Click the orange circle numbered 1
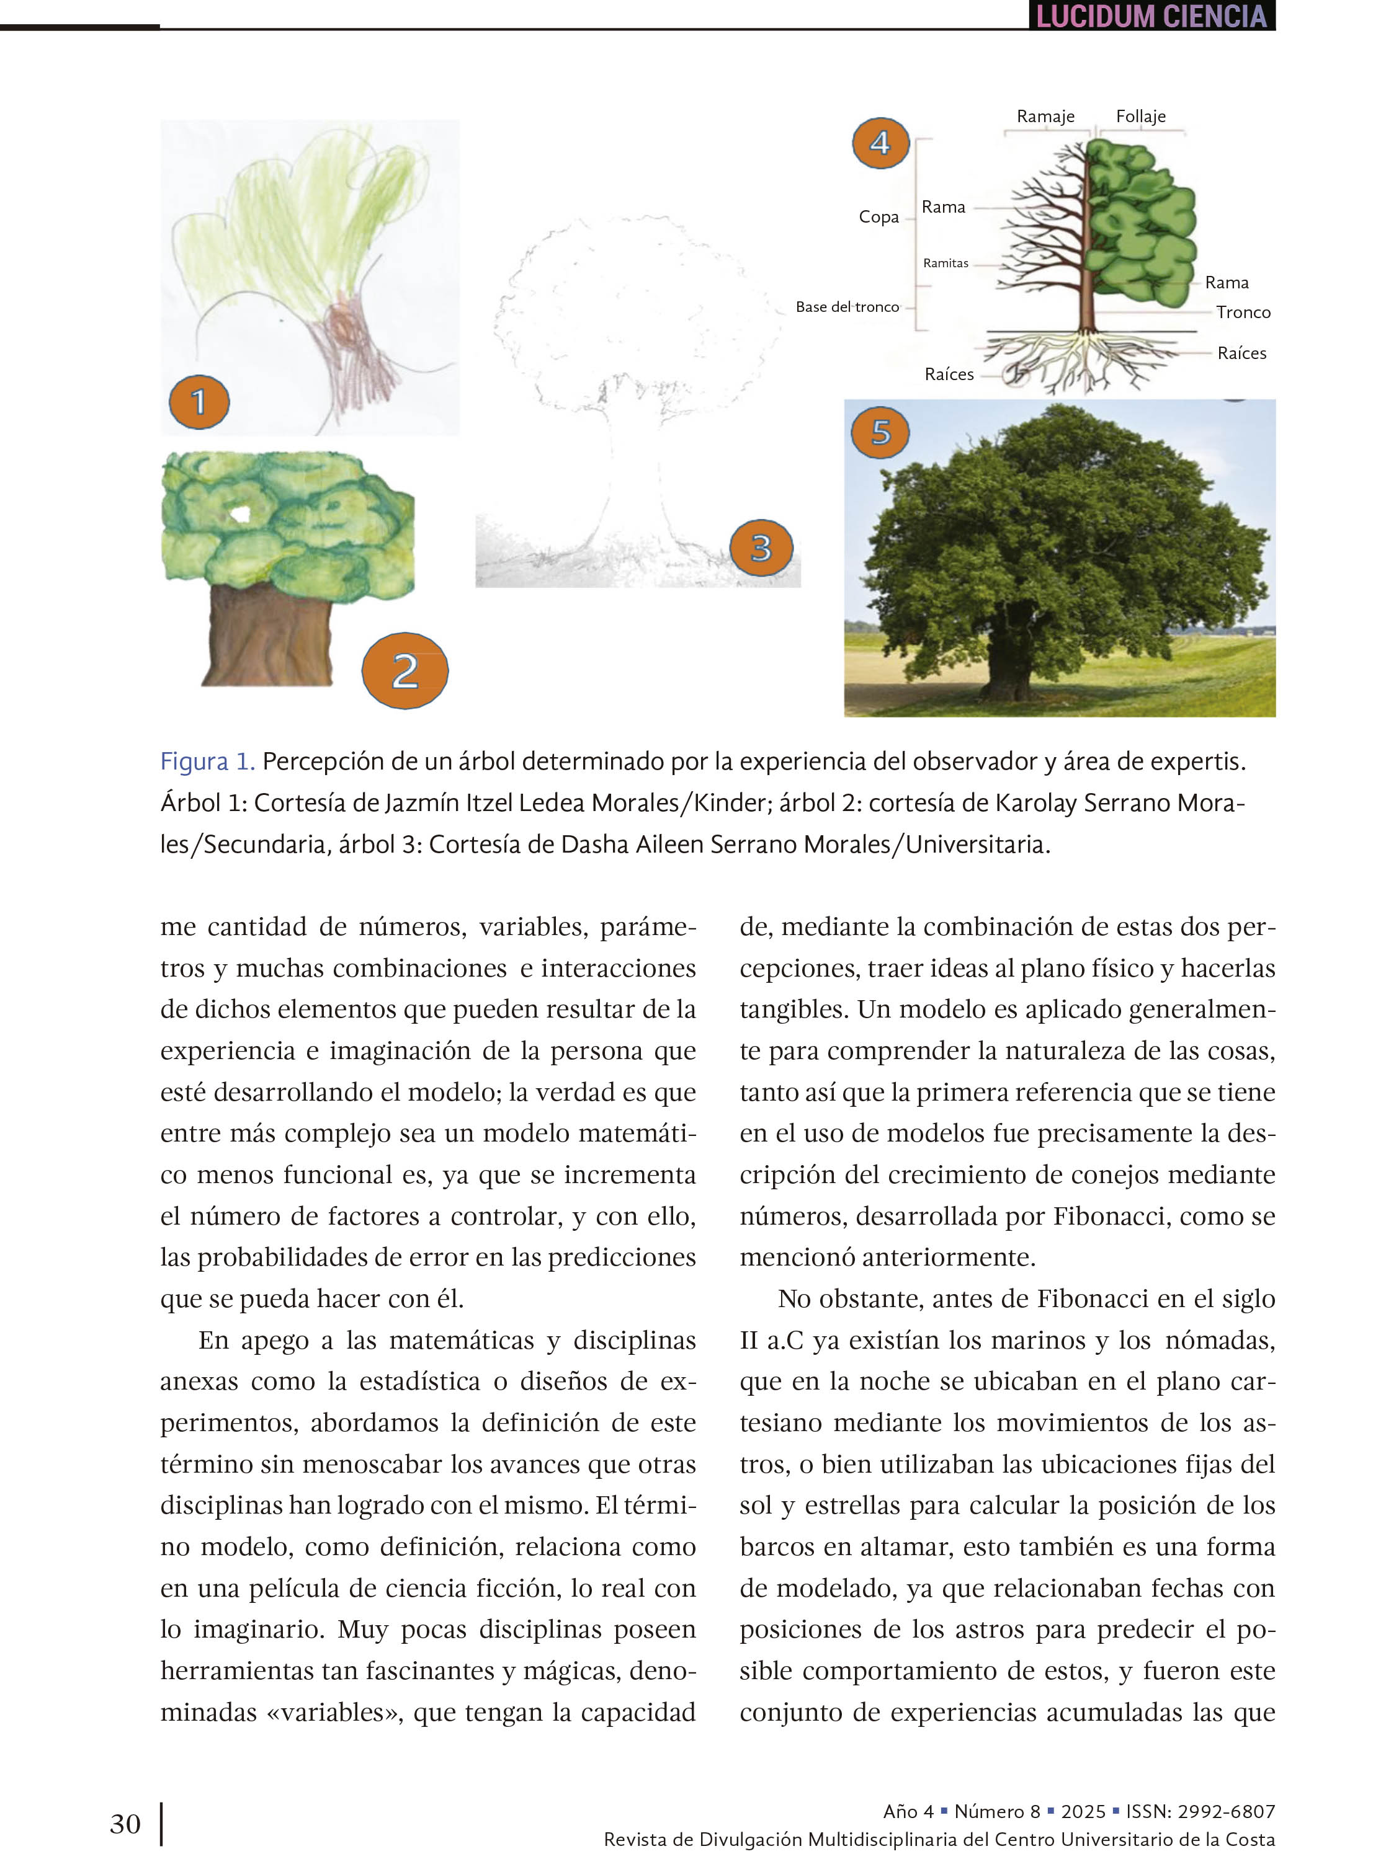199,401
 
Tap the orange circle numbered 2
405,670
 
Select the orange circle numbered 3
761,548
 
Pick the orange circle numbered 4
880,143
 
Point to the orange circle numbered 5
880,432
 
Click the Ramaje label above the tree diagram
1045,117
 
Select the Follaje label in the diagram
1140,117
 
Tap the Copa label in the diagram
878,217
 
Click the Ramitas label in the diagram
945,263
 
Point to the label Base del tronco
847,307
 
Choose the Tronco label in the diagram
1243,313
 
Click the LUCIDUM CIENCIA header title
1151,17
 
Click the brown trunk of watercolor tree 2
267,637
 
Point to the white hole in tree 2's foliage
241,514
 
